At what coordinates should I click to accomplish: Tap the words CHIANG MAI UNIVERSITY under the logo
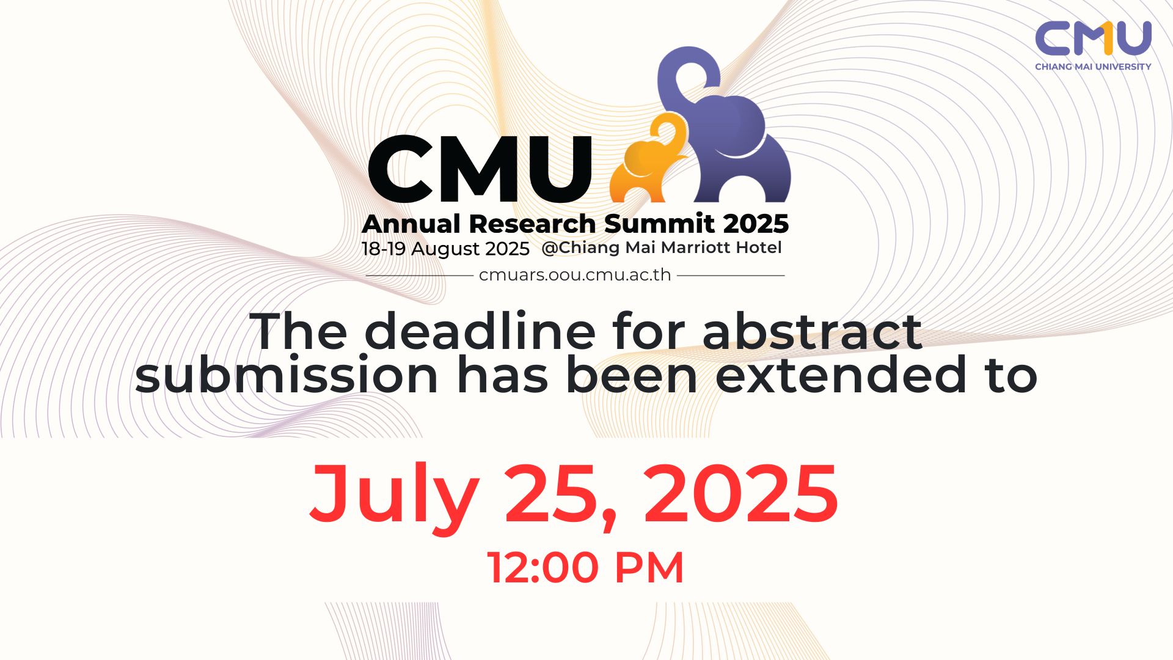coord(1093,67)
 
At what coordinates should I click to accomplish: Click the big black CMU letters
coord(480,169)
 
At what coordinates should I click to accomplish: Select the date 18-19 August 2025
coord(445,249)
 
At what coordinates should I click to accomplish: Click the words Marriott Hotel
coord(721,248)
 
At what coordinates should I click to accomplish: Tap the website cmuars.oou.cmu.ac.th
coord(575,275)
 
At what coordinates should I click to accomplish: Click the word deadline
coord(480,332)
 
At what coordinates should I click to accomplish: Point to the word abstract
coord(813,332)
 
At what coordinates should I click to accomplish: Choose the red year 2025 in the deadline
coord(741,494)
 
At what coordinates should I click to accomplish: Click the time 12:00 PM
coord(585,568)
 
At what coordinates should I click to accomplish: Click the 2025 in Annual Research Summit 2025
coord(756,224)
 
